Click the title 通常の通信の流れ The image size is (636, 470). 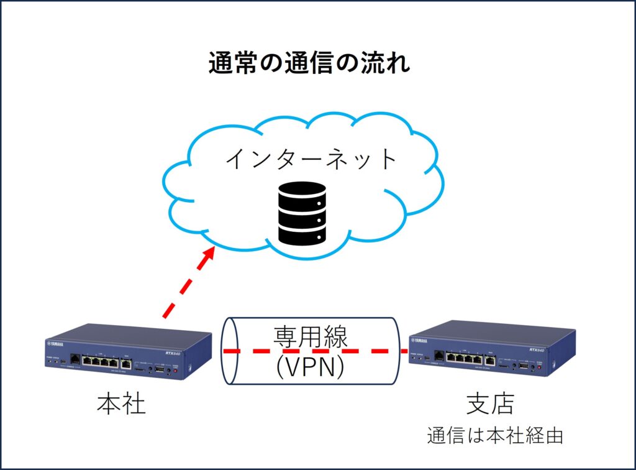309,63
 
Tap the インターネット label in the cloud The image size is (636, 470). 311,160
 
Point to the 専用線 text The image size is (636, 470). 311,338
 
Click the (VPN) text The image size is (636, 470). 311,367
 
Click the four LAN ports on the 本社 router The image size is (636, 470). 99,361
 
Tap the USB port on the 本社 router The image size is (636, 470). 159,369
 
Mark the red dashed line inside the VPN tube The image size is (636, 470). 311,352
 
